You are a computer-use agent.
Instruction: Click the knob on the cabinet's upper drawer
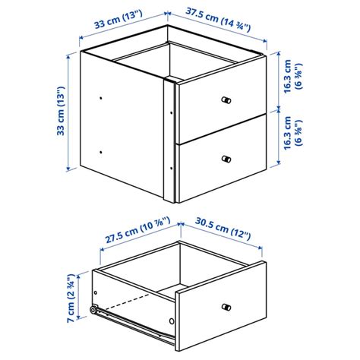click(x=226, y=101)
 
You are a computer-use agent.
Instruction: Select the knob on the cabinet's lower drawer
click(x=226, y=158)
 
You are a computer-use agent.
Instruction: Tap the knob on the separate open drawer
click(x=226, y=306)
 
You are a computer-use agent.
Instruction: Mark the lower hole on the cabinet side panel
click(x=101, y=151)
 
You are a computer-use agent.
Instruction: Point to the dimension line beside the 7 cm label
click(x=80, y=298)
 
